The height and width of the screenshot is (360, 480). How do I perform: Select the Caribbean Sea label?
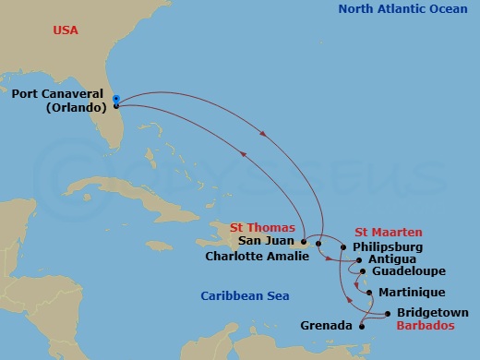coord(246,295)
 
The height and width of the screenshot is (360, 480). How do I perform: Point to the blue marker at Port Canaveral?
coord(116,99)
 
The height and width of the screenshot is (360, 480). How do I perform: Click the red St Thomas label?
coord(263,227)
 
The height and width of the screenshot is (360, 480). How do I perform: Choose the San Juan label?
coord(267,241)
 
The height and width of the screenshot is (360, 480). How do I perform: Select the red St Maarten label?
coord(389,232)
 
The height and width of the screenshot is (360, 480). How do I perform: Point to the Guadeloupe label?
coord(409,272)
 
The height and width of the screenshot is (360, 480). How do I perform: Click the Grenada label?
coord(326,326)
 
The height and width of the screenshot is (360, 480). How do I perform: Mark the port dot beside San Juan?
coord(303,242)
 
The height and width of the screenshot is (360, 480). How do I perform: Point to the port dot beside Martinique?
coord(370,293)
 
